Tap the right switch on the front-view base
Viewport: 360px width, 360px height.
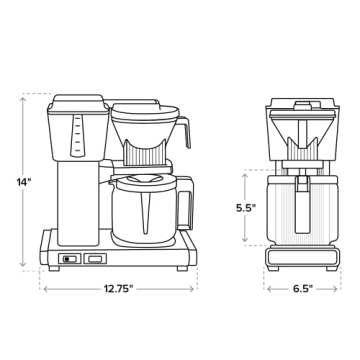click(93, 259)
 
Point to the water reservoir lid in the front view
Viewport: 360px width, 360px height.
click(79, 100)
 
